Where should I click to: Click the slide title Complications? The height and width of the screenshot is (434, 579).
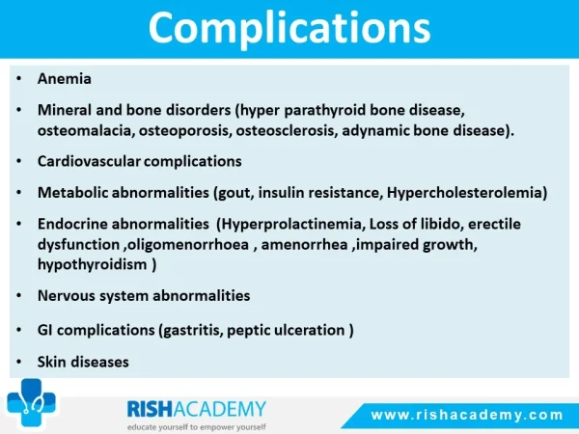click(289, 29)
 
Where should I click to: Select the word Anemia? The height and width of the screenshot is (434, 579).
click(65, 79)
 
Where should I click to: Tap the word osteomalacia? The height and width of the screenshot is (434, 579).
click(86, 130)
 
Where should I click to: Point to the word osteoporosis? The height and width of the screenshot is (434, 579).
click(185, 131)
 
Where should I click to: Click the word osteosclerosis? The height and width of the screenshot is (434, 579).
click(287, 130)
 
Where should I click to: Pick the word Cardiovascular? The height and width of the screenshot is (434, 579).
click(89, 161)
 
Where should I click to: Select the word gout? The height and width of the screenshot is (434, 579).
click(236, 193)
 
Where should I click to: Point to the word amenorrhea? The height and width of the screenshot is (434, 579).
click(305, 244)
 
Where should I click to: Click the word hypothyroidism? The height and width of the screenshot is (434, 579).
click(93, 264)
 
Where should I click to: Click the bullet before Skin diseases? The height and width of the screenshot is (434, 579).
click(19, 362)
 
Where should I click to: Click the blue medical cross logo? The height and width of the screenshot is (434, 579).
click(32, 403)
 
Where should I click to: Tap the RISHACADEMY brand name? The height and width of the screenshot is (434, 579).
click(197, 409)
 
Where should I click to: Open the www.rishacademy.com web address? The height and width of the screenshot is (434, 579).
click(467, 415)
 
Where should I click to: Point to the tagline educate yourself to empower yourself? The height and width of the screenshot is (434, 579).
click(197, 427)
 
